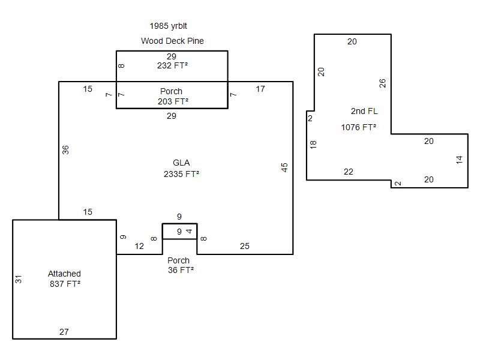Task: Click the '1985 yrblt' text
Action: click(x=169, y=26)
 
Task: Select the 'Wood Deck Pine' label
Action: click(x=172, y=41)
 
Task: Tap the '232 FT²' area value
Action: click(x=172, y=65)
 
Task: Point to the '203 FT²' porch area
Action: click(x=172, y=101)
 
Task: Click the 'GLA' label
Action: click(x=181, y=163)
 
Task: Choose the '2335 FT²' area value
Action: click(x=181, y=174)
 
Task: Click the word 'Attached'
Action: click(x=64, y=274)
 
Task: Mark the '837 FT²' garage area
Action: click(x=65, y=284)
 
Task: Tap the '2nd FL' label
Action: click(x=364, y=111)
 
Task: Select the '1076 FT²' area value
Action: click(x=359, y=127)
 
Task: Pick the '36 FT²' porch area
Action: click(x=181, y=270)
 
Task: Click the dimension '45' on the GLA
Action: click(x=284, y=167)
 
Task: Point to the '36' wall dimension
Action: click(x=65, y=149)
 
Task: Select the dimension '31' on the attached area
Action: click(x=19, y=279)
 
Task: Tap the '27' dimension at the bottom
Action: click(x=64, y=332)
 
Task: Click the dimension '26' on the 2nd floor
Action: click(x=382, y=83)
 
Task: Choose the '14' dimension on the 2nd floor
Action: click(x=460, y=160)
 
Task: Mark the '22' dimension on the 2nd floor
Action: click(x=349, y=172)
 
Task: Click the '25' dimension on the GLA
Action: click(x=245, y=246)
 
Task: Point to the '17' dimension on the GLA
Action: click(x=260, y=89)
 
